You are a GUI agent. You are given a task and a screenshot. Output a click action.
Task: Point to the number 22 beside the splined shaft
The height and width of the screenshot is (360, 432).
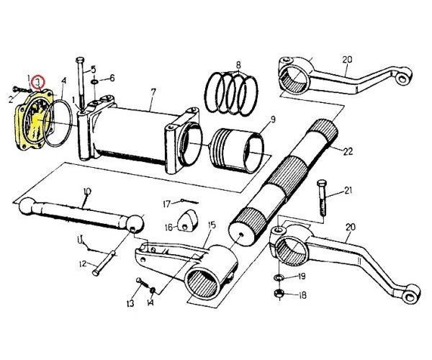coord(348,152)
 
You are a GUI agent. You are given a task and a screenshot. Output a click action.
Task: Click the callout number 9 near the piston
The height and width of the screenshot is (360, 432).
coord(273,120)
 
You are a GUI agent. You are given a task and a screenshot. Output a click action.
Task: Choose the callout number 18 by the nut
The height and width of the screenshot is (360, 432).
coord(302,295)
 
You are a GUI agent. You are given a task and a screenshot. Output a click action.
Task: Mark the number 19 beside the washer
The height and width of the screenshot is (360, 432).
coord(302,276)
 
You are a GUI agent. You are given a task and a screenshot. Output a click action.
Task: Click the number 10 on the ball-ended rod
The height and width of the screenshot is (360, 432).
coord(87,192)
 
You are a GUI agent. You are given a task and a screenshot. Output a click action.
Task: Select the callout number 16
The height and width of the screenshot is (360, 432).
coord(168,227)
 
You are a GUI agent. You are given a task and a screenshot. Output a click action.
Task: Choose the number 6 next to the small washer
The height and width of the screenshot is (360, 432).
coord(112,78)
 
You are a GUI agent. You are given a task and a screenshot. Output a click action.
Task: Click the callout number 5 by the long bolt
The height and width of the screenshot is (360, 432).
coord(94,71)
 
